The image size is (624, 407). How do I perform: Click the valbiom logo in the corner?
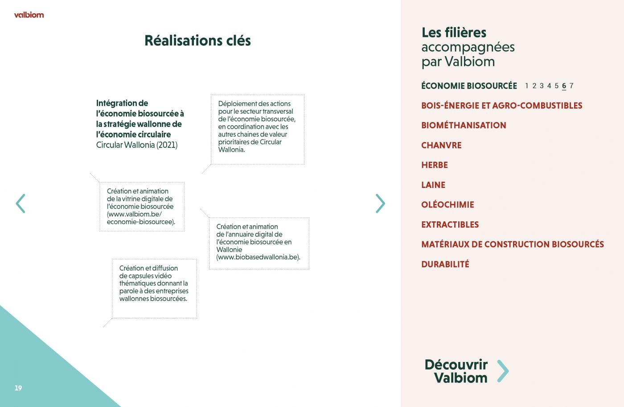coord(29,15)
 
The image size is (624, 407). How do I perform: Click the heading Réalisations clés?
coord(197,41)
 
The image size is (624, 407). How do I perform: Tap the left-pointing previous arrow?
coord(21,203)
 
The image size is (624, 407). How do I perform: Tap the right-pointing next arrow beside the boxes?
coord(380,203)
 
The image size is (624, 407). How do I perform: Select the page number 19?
coord(18,388)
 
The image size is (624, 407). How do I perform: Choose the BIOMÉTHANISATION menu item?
coord(464,125)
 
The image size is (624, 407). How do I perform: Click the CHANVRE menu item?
coord(441,145)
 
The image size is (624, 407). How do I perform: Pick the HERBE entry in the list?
coord(435,165)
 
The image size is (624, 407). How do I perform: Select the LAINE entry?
coord(433,185)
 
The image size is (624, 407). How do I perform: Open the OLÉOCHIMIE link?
coord(447,205)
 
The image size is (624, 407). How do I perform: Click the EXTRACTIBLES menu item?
coord(450,224)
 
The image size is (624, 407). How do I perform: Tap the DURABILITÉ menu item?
coord(445,264)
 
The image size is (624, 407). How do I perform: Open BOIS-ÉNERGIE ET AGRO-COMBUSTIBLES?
coord(502,106)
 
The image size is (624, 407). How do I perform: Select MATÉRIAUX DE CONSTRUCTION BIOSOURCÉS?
coord(513,244)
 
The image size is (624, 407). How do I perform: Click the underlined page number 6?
coord(564,86)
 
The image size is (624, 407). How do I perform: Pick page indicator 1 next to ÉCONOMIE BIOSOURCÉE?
coord(526,86)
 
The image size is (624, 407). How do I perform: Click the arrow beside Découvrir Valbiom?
coord(503,371)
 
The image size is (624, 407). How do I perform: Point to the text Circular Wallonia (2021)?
coord(137,145)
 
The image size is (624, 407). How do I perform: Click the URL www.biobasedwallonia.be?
coord(258,257)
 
